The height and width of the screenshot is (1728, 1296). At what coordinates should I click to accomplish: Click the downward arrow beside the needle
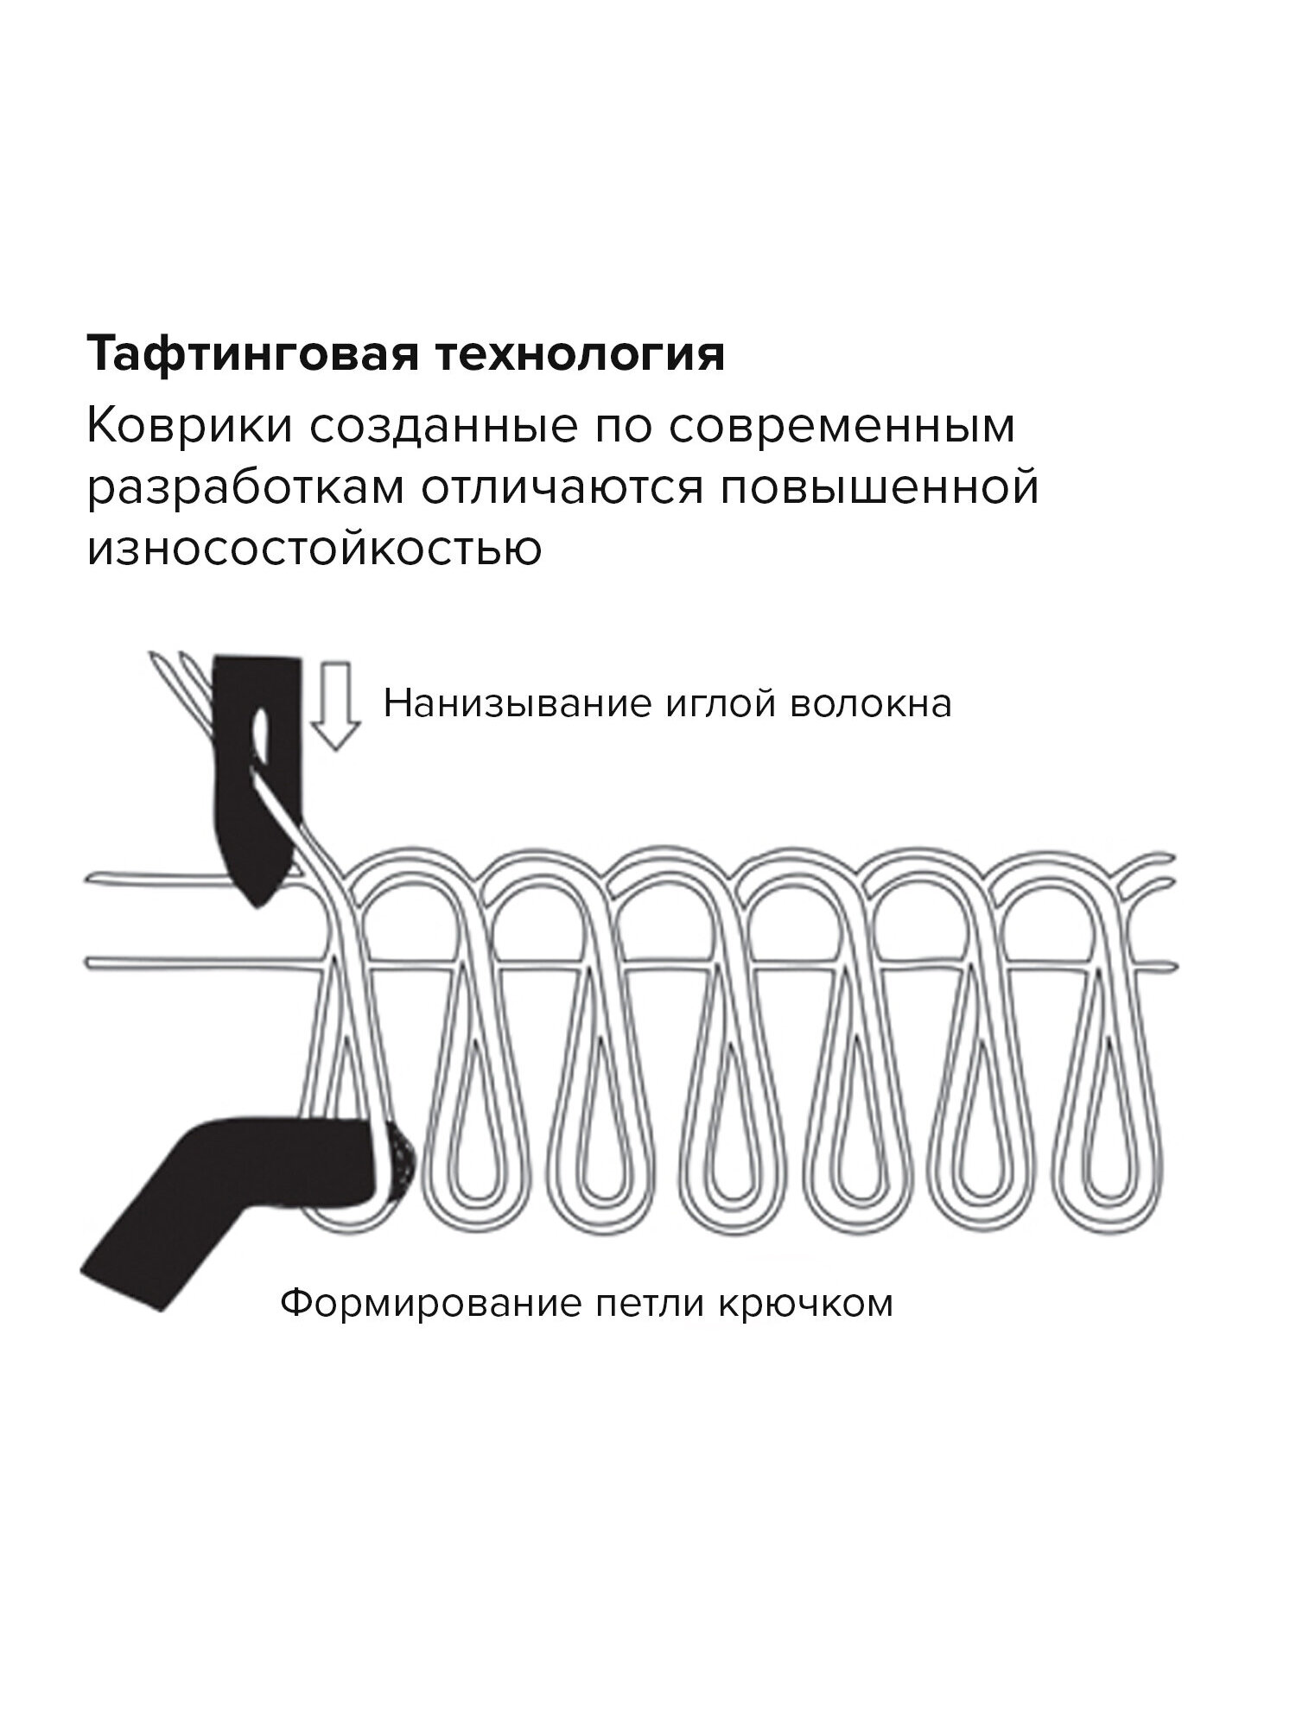click(x=334, y=704)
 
